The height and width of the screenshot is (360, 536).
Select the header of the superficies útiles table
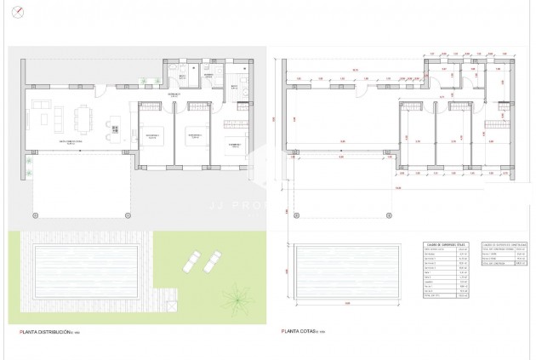click(442, 243)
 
